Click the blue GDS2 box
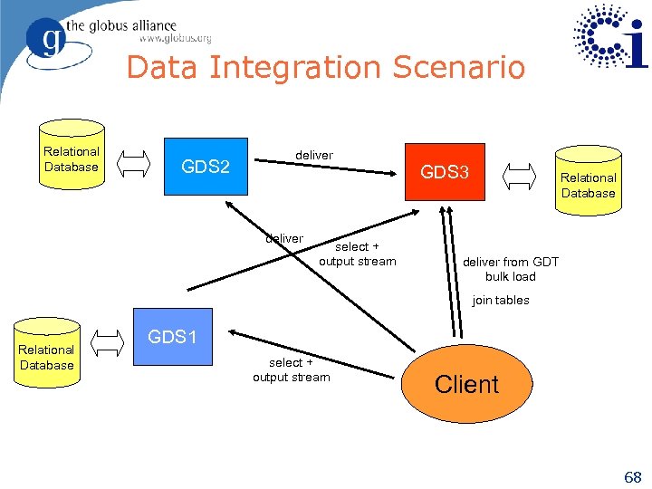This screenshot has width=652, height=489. (205, 167)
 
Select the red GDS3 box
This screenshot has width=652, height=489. (444, 171)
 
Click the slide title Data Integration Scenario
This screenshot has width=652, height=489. (325, 68)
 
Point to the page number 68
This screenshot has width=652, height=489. (630, 476)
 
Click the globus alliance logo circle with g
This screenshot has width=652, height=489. (46, 40)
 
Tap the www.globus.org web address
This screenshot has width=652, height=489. (175, 39)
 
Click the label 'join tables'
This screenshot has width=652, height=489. (500, 301)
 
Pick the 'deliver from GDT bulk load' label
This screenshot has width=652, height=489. (510, 270)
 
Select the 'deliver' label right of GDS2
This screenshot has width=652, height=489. (313, 156)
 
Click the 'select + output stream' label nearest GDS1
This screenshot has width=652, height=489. (291, 369)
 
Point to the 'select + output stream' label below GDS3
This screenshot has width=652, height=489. (357, 254)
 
